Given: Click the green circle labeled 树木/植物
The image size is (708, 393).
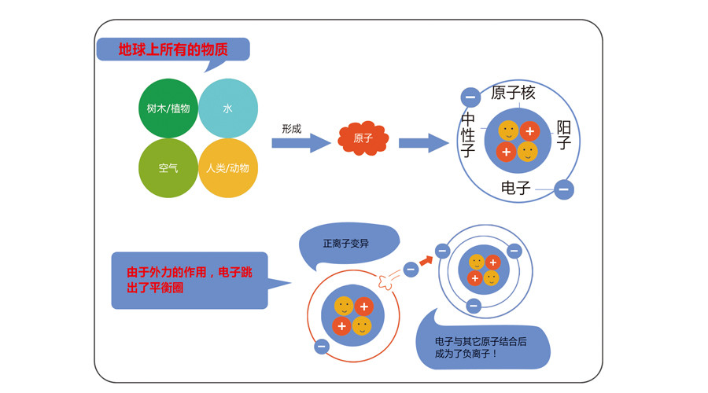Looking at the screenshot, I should click(168, 108).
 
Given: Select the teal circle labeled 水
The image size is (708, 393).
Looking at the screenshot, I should click(228, 108).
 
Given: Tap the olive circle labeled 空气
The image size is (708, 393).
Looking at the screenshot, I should click(168, 167).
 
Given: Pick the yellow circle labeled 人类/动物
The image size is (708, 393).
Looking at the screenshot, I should click(228, 167).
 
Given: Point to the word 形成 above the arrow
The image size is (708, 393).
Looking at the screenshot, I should click(291, 129).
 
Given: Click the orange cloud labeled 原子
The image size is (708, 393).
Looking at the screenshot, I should click(363, 138).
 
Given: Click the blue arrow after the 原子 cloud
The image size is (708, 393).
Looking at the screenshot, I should click(424, 143).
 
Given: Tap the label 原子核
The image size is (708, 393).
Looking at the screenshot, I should click(513, 93).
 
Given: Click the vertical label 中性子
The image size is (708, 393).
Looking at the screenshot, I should click(468, 134).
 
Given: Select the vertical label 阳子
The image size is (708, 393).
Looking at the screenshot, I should click(563, 134).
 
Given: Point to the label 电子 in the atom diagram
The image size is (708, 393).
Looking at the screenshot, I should click(516, 188).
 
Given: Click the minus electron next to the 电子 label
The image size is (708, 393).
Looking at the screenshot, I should click(563, 189).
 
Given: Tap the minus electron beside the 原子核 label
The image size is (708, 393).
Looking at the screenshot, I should click(470, 97).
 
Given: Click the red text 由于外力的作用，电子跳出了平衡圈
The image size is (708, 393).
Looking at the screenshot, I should click(190, 280).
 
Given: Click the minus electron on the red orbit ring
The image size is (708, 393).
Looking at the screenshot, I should click(321, 346).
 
